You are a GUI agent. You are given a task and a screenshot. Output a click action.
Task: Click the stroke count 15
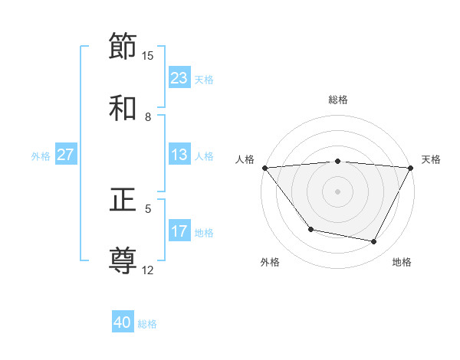(x=148, y=55)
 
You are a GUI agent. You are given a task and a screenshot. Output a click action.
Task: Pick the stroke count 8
(x=148, y=116)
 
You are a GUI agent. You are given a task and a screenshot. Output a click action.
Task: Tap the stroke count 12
(x=148, y=270)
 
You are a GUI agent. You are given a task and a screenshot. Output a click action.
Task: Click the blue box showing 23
(x=179, y=78)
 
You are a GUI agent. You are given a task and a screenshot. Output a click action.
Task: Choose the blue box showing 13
(x=179, y=155)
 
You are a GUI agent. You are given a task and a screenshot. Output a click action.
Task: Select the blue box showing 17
(x=179, y=231)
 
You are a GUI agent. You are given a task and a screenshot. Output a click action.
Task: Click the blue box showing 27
(x=65, y=155)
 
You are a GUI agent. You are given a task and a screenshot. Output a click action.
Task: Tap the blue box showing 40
(x=123, y=323)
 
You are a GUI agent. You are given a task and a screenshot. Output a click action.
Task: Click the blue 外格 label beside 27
(x=41, y=155)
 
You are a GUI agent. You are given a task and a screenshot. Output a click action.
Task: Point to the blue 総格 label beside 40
(x=147, y=324)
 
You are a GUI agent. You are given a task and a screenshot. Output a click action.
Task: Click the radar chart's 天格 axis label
(x=431, y=159)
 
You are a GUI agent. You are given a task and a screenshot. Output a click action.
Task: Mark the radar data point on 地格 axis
(x=374, y=242)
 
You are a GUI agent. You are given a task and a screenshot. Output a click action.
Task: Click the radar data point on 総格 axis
(x=337, y=161)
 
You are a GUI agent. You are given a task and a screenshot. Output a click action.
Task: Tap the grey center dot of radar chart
(x=337, y=191)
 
